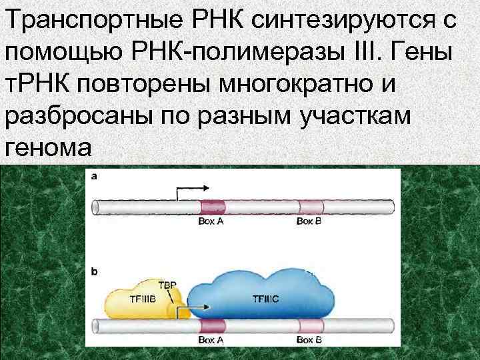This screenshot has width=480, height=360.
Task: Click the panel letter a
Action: click(95, 177)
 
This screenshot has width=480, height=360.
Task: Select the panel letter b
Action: click(95, 271)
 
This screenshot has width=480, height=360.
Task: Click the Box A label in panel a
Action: click(211, 221)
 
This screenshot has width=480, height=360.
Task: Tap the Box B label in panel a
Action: click(309, 221)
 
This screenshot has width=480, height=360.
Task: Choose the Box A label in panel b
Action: click(211, 340)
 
